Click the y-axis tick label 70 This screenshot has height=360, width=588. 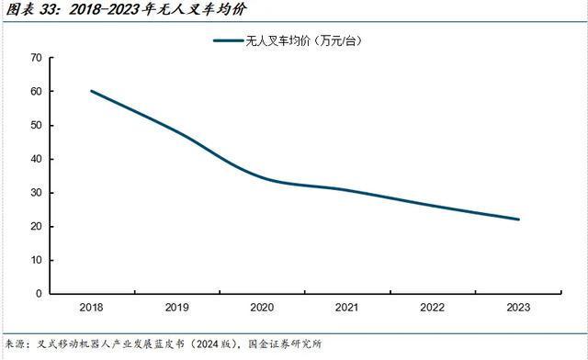tap(36, 58)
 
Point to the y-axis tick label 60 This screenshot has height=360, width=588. tap(36, 92)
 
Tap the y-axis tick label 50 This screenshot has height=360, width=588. tap(36, 125)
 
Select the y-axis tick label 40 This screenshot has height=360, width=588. tap(36, 159)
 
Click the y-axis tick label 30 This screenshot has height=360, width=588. tap(36, 193)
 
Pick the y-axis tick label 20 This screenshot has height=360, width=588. tap(36, 227)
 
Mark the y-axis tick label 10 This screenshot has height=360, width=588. tap(36, 260)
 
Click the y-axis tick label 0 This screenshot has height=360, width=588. tap(39, 294)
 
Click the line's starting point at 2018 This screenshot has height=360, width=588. tap(92, 91)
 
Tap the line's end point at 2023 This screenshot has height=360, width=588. tap(518, 219)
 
